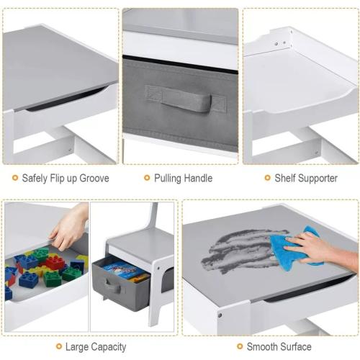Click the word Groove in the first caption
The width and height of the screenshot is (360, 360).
(x=94, y=179)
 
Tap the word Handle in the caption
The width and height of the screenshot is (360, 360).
(x=198, y=179)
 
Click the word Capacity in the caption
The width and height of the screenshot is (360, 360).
(x=109, y=347)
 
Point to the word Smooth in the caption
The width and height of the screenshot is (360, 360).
(x=262, y=347)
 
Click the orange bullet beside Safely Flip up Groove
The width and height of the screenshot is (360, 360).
(x=15, y=178)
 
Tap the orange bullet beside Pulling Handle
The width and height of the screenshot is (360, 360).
(x=147, y=178)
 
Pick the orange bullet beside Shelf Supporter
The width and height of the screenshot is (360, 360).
(x=267, y=178)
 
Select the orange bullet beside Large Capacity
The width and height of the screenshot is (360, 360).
(x=59, y=346)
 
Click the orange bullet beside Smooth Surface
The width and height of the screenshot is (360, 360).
(x=240, y=346)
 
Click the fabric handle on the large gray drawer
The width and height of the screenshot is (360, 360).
(x=186, y=99)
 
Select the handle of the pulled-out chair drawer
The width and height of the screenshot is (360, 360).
(x=112, y=286)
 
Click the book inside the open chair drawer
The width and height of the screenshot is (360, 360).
(x=124, y=271)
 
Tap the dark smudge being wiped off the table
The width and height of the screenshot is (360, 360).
(x=243, y=250)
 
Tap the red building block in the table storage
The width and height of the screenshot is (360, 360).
(x=55, y=262)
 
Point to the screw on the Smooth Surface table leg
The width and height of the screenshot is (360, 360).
(x=220, y=315)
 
